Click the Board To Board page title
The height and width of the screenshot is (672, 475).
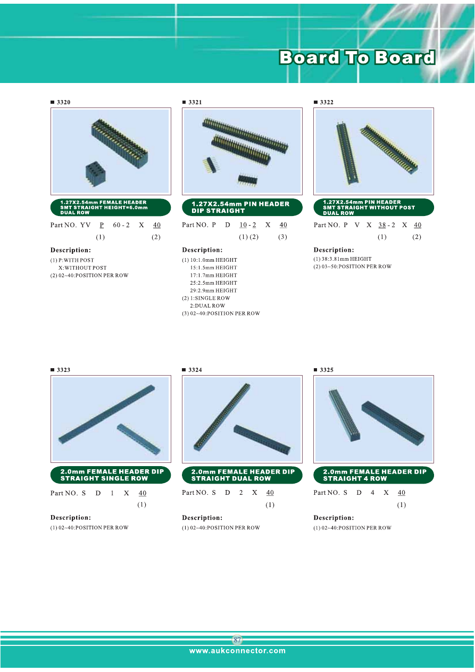click(x=357, y=57)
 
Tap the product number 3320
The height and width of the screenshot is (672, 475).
click(x=64, y=102)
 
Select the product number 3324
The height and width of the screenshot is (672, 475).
click(x=195, y=370)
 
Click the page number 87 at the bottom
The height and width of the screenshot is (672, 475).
click(x=237, y=640)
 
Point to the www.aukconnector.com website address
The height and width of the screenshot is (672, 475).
click(x=237, y=650)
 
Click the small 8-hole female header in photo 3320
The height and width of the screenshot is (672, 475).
click(x=96, y=175)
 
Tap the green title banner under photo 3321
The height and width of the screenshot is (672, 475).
click(x=242, y=208)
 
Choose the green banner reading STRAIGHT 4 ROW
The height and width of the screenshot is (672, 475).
click(x=373, y=475)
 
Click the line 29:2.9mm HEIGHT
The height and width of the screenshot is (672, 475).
click(x=213, y=291)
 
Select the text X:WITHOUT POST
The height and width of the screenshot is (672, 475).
click(x=82, y=268)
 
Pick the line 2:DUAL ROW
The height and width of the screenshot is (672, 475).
click(x=207, y=306)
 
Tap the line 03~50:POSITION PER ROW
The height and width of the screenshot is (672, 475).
click(x=356, y=267)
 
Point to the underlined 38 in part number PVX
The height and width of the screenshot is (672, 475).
click(x=382, y=225)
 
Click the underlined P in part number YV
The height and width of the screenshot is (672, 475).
click(x=102, y=225)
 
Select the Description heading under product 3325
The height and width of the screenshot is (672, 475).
click(x=334, y=518)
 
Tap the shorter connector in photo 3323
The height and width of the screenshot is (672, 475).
click(x=138, y=439)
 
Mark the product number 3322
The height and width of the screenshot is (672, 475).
click(x=327, y=102)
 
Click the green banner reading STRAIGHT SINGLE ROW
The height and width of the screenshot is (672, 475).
click(x=111, y=475)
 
